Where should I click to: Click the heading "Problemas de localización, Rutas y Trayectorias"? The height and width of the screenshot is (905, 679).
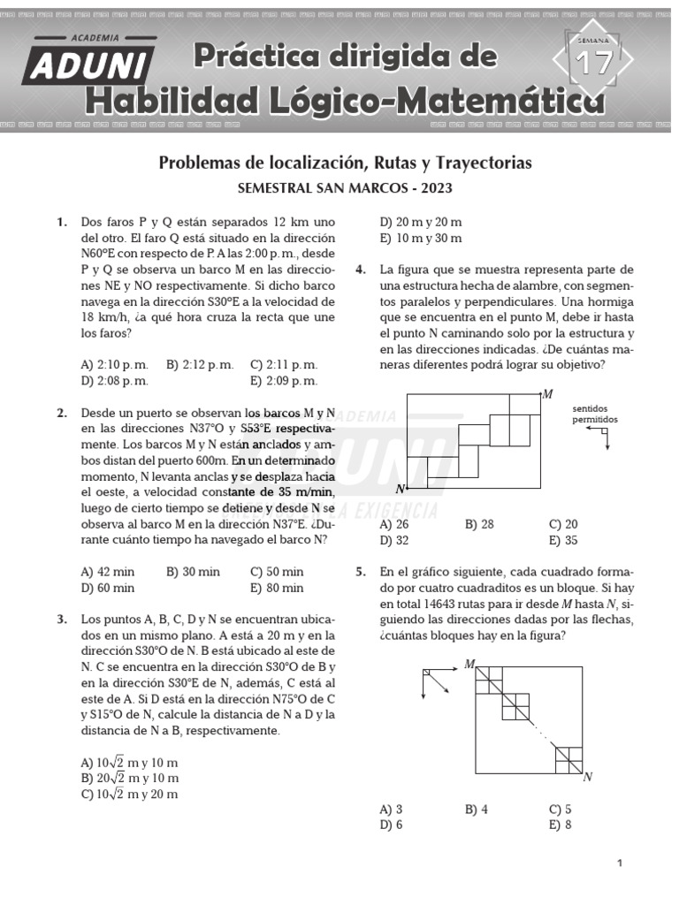coord(345,164)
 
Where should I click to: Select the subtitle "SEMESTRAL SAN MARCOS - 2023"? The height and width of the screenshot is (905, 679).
coord(344,189)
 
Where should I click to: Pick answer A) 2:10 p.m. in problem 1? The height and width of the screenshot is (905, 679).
coord(114,364)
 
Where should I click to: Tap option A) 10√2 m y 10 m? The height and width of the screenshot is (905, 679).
coord(129,762)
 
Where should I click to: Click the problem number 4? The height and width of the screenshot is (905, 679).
coord(362,270)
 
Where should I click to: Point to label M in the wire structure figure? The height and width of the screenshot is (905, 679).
coord(547,394)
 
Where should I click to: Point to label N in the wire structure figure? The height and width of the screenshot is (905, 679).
coord(401,488)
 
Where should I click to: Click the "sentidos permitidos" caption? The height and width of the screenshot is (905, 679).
coord(595,414)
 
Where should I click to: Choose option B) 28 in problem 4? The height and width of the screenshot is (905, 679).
coord(479,524)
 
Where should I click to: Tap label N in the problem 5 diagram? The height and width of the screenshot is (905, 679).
coord(587,777)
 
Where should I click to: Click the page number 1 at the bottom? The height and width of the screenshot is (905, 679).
coord(621,863)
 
